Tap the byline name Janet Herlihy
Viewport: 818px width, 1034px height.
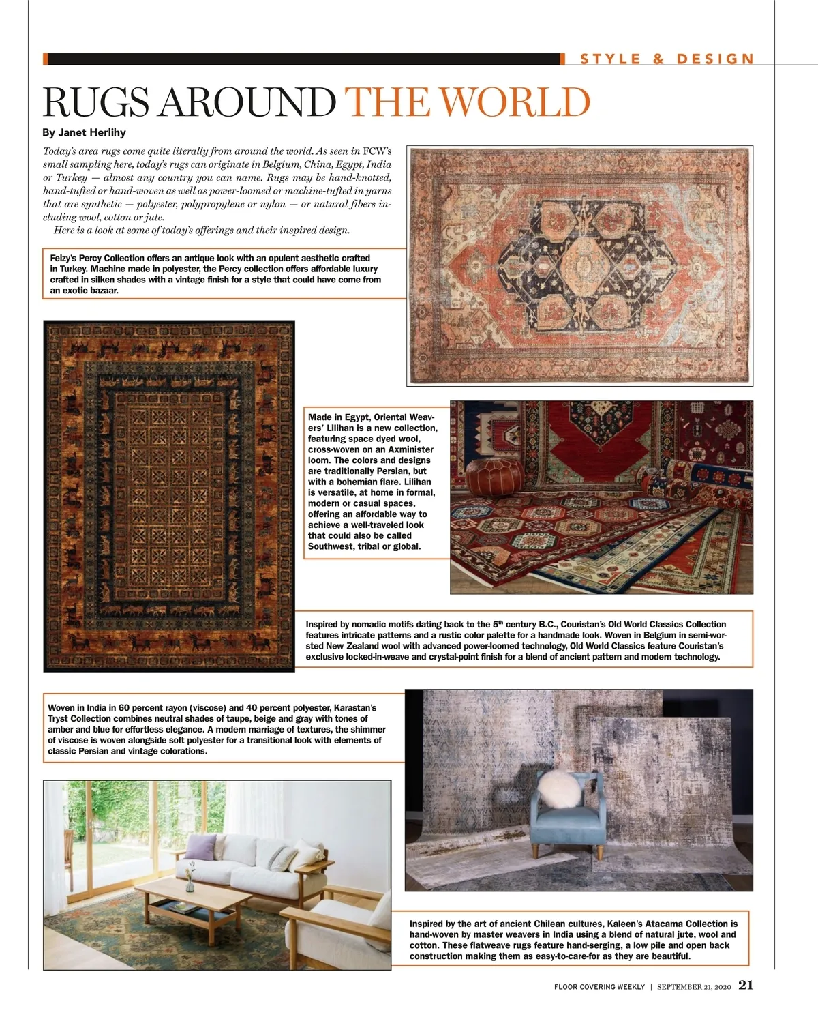93,132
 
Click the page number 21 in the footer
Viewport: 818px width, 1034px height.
746,985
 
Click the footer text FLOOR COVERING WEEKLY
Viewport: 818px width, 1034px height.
599,987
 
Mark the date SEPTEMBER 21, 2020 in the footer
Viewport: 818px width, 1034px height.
694,987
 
